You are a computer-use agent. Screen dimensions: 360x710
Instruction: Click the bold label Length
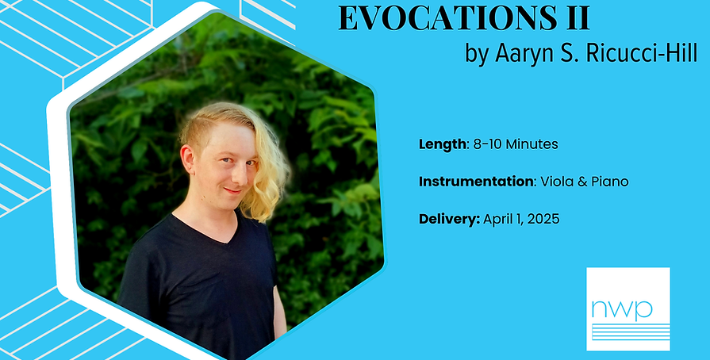click(440, 144)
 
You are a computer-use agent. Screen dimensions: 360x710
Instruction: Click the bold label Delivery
click(448, 218)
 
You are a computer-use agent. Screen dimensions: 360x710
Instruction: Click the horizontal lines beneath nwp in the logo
click(627, 331)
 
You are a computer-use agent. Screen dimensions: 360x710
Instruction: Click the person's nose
click(224, 174)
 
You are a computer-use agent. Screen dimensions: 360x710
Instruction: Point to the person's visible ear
click(188, 161)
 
